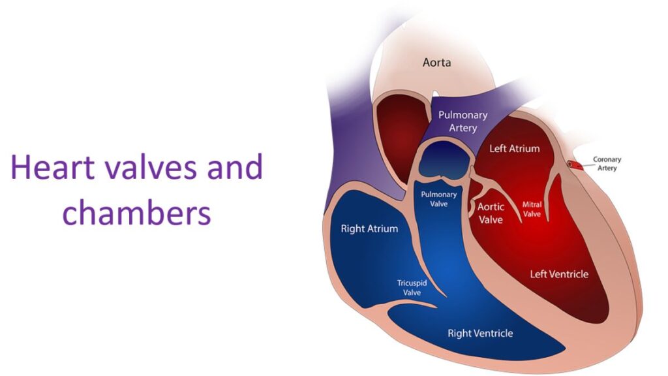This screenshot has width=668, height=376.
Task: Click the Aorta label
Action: pyautogui.click(x=436, y=63)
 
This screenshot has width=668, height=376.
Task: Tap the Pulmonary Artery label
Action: pyautogui.click(x=463, y=121)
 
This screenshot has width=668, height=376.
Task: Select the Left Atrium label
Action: pyautogui.click(x=514, y=148)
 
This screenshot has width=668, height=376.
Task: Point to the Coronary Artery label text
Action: pyautogui.click(x=607, y=164)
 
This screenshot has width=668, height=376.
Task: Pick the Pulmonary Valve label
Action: pyautogui.click(x=439, y=199)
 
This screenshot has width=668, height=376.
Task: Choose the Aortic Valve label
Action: pyautogui.click(x=491, y=213)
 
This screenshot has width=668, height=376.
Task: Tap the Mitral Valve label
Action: pyautogui.click(x=532, y=210)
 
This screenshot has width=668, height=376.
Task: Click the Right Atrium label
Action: pyautogui.click(x=369, y=229)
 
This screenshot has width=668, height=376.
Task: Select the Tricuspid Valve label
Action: pyautogui.click(x=412, y=288)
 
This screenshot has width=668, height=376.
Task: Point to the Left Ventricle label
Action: pyautogui.click(x=559, y=274)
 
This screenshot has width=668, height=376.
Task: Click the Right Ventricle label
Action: pyautogui.click(x=480, y=334)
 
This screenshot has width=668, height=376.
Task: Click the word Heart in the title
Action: pyautogui.click(x=52, y=167)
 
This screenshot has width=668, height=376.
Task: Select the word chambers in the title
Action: pyautogui.click(x=137, y=213)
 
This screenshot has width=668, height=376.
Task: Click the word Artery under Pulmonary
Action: pyautogui.click(x=463, y=128)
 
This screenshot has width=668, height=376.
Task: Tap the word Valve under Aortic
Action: pyautogui.click(x=491, y=219)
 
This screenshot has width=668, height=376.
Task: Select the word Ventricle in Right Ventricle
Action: pyautogui.click(x=493, y=334)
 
